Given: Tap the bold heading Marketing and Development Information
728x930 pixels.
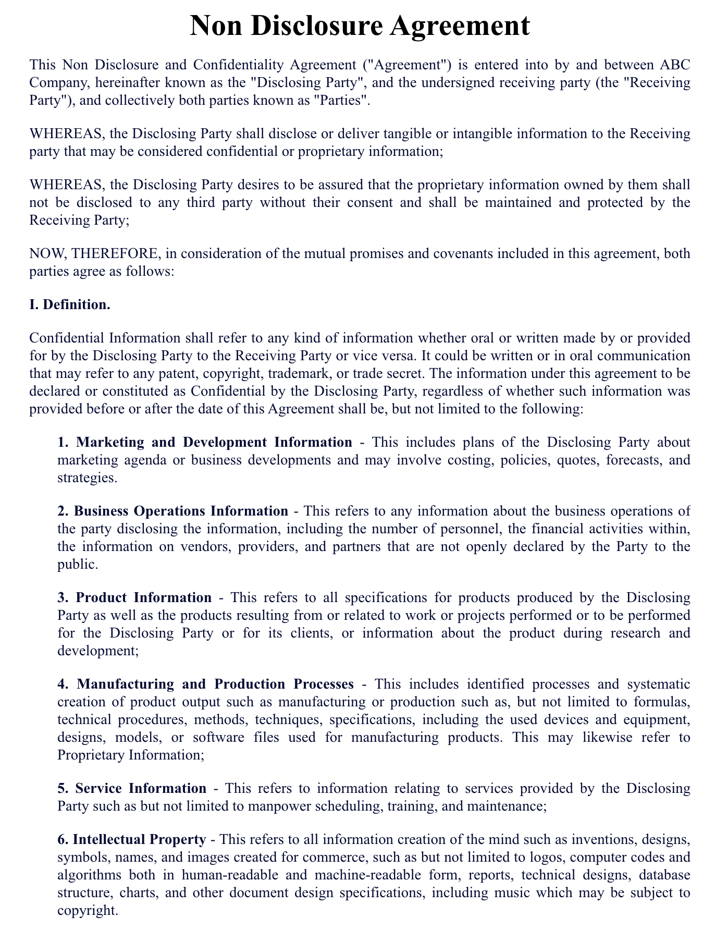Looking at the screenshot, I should click(x=214, y=442).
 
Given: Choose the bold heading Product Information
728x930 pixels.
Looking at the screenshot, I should click(x=143, y=597).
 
